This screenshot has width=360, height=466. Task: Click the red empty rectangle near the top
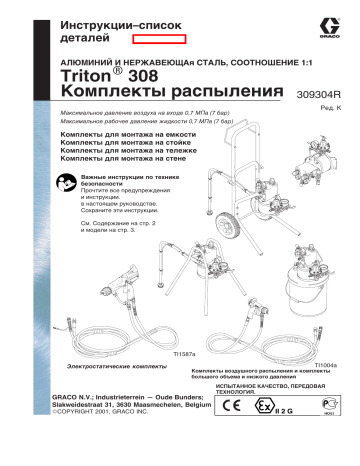pyautogui.click(x=158, y=36)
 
